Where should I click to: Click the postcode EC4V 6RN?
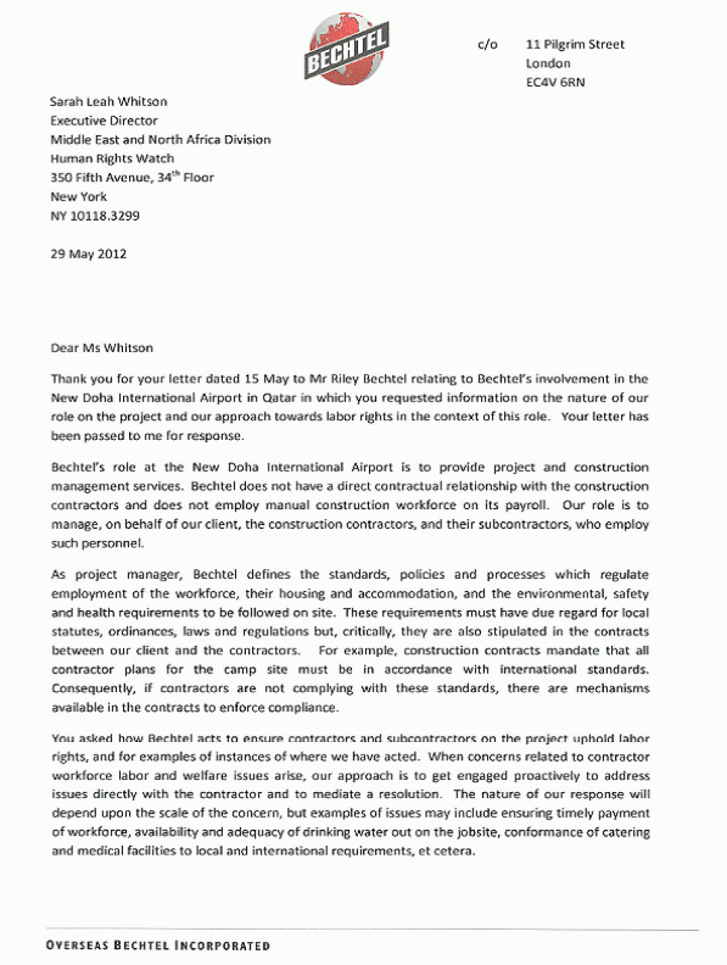[x=555, y=82]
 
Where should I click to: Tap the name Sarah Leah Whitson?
[x=108, y=101]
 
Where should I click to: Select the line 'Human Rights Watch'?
[x=112, y=158]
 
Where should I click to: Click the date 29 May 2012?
[x=88, y=253]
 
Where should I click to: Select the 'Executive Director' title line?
[x=104, y=121]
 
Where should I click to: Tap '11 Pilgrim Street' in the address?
[x=575, y=45]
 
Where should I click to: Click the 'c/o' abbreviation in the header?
[x=487, y=45]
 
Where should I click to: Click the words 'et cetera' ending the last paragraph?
[x=440, y=851]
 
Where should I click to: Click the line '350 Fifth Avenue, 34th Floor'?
[x=132, y=178]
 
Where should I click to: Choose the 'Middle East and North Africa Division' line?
[x=161, y=140]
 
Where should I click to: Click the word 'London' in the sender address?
[x=548, y=64]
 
